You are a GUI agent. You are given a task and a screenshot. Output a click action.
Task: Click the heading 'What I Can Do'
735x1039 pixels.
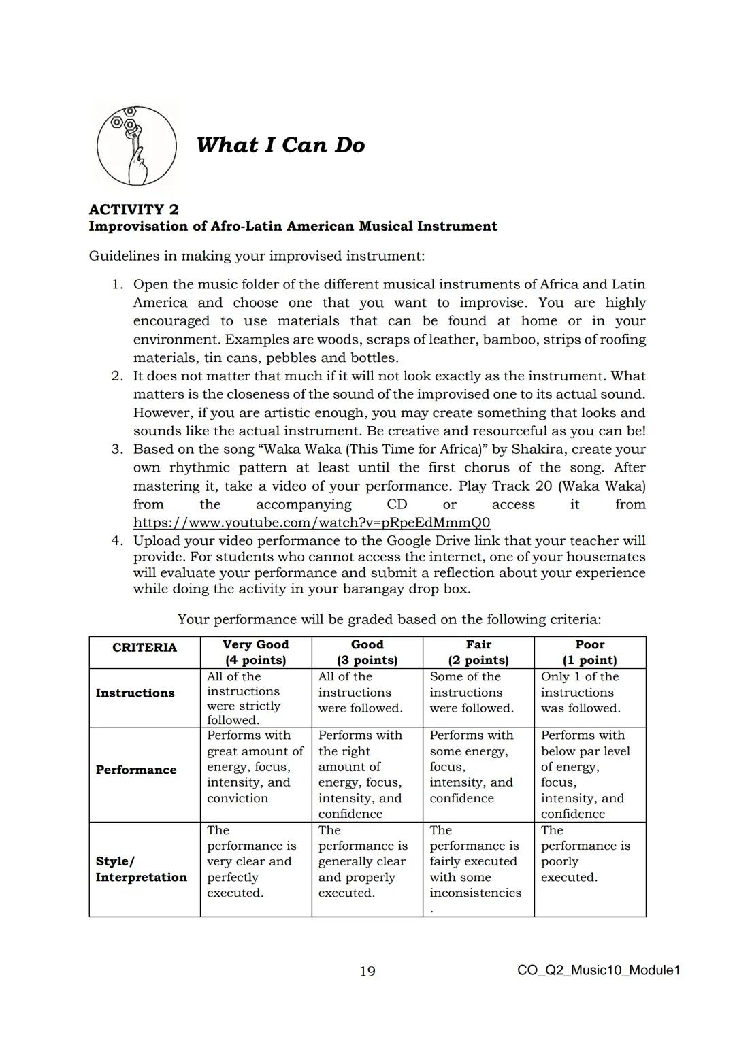[x=280, y=145]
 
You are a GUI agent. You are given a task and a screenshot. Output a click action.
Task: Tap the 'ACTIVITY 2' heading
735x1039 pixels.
[x=133, y=209]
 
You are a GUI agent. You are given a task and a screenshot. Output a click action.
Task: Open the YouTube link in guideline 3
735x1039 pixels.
[x=311, y=523]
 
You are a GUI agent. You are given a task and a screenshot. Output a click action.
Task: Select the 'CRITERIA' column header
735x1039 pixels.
[x=144, y=648]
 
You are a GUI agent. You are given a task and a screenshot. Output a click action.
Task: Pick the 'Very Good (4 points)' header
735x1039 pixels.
[x=256, y=652]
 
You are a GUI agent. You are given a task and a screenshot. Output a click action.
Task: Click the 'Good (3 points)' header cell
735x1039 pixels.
[x=367, y=652]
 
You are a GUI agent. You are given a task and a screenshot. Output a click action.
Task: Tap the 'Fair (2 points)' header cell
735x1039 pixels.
[x=478, y=652]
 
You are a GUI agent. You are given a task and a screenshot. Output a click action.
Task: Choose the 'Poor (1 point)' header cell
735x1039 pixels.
[x=589, y=652]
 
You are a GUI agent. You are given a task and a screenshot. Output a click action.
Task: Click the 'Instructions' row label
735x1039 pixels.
[x=135, y=693]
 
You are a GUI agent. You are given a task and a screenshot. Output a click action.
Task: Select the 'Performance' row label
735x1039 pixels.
[x=136, y=770]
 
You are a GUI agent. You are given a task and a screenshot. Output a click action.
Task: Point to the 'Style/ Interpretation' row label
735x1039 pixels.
[x=141, y=869]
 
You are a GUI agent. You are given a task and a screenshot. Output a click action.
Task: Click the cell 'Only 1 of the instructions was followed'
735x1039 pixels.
[x=581, y=693]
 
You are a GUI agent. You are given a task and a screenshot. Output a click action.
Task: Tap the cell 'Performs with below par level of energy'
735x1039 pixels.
[x=585, y=774]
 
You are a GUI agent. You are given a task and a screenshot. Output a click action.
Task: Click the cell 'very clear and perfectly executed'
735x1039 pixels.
[x=251, y=861]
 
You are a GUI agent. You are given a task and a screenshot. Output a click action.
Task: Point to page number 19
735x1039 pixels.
[x=367, y=971]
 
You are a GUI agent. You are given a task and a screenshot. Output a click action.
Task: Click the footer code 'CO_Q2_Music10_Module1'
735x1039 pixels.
[x=598, y=970]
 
